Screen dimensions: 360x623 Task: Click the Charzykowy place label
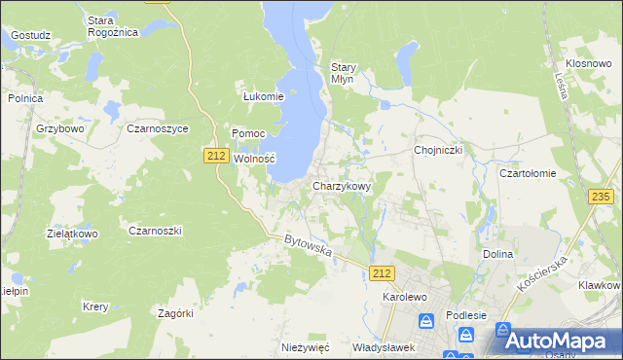point(341,185)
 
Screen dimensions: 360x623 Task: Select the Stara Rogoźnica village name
point(113,25)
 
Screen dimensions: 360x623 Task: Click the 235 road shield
point(602,197)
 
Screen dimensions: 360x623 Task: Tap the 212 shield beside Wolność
point(217,155)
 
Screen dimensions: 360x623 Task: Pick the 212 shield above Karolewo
point(383,274)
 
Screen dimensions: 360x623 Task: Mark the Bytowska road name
point(309,245)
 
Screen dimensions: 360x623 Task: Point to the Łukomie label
point(263,96)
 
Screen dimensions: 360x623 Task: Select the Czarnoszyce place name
point(158,128)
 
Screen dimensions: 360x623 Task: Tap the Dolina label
point(497,254)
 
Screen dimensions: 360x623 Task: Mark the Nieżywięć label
point(306,347)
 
